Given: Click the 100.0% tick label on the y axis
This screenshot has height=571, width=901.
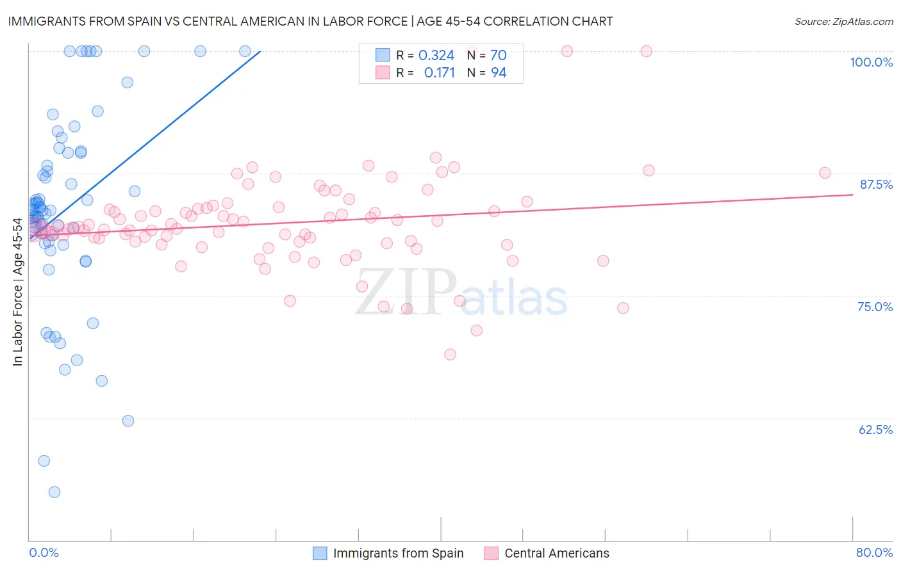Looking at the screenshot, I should (x=871, y=62).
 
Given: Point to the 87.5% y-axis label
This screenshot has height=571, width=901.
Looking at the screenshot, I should (x=875, y=184).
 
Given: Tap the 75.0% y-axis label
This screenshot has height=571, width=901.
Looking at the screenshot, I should (x=875, y=307).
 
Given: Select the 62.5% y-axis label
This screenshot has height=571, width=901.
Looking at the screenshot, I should (x=875, y=430).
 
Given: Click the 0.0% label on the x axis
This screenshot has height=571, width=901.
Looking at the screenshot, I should (x=44, y=552).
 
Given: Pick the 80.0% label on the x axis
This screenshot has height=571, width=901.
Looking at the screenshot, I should (x=874, y=552).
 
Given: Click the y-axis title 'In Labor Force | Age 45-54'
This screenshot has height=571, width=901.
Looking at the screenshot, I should (x=17, y=292).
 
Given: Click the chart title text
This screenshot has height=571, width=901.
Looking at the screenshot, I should (x=310, y=21).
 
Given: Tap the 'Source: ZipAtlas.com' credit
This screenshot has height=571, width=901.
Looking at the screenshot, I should (x=843, y=21).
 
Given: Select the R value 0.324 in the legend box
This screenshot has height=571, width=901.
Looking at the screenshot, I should (x=436, y=56).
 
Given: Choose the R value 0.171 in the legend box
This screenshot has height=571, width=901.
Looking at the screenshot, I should (x=439, y=73).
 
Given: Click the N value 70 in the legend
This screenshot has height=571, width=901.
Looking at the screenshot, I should (x=498, y=56).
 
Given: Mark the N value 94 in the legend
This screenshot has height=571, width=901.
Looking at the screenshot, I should (x=498, y=73).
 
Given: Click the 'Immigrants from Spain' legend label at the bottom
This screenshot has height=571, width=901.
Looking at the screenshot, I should (x=398, y=553).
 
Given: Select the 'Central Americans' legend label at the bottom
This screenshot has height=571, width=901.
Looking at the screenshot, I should (x=556, y=553).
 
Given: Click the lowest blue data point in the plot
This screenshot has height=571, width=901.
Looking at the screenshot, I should (x=54, y=492).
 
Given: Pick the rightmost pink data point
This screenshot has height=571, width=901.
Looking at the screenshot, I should (x=825, y=173).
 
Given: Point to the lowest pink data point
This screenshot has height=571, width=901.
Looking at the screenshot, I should (x=450, y=355).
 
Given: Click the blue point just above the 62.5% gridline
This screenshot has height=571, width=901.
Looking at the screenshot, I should (x=128, y=421).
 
